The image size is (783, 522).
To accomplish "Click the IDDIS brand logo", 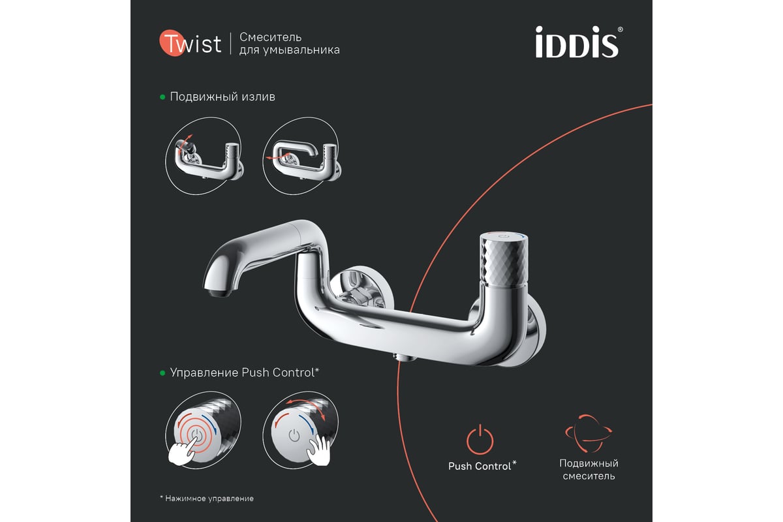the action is click(x=576, y=42).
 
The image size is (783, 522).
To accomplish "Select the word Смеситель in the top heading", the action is click(x=270, y=37).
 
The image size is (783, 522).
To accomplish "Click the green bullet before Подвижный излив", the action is click(x=162, y=97).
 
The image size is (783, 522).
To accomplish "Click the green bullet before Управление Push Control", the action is click(x=162, y=373).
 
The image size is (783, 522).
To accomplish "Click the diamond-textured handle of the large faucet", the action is click(x=503, y=260).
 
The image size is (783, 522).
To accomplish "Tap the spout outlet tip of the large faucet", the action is click(x=219, y=292).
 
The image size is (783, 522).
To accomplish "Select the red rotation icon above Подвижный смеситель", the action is click(x=589, y=433).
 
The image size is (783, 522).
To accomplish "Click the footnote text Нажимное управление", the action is click(x=209, y=499).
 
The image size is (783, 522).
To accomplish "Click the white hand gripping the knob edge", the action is click(x=319, y=450).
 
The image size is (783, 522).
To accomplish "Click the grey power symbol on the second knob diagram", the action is click(x=294, y=436).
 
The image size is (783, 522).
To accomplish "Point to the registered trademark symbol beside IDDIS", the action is click(x=620, y=30).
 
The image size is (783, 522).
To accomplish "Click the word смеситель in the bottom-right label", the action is click(x=589, y=476).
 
